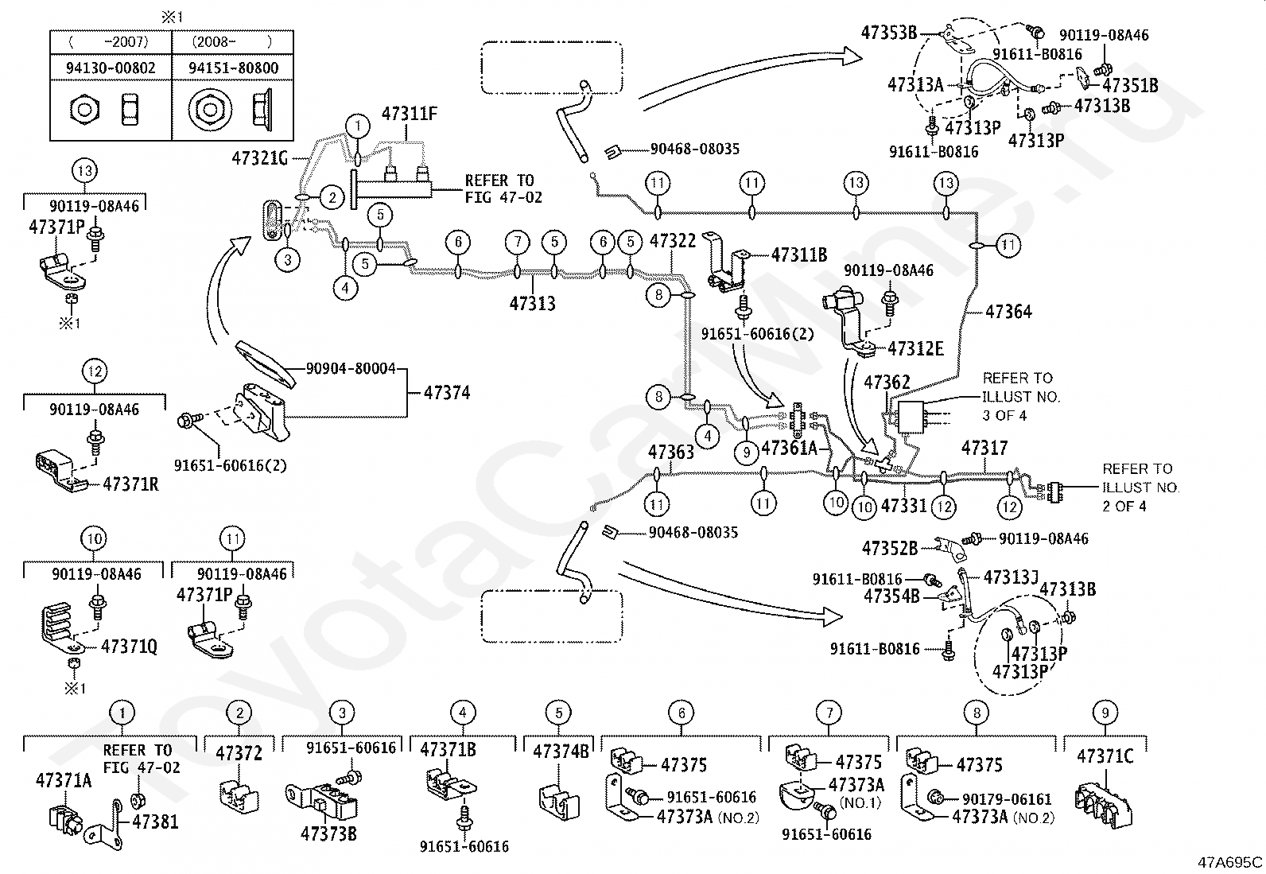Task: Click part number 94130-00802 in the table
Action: tap(111, 68)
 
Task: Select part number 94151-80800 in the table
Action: tap(234, 68)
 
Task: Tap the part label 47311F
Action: tap(410, 115)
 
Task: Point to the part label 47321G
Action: tap(259, 157)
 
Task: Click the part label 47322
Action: tap(673, 240)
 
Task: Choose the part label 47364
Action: tap(1008, 312)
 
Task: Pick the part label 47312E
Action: tap(915, 348)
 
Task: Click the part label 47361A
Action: tap(790, 449)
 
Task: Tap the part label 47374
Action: tap(446, 393)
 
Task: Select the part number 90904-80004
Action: tap(351, 369)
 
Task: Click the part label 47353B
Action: tap(889, 33)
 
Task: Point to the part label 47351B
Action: tap(1129, 85)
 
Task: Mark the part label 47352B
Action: tap(890, 548)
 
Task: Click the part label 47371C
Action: tap(1105, 756)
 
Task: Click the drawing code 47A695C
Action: tap(1230, 861)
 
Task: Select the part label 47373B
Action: tap(328, 833)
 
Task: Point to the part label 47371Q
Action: tap(129, 647)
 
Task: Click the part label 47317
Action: tap(984, 449)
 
